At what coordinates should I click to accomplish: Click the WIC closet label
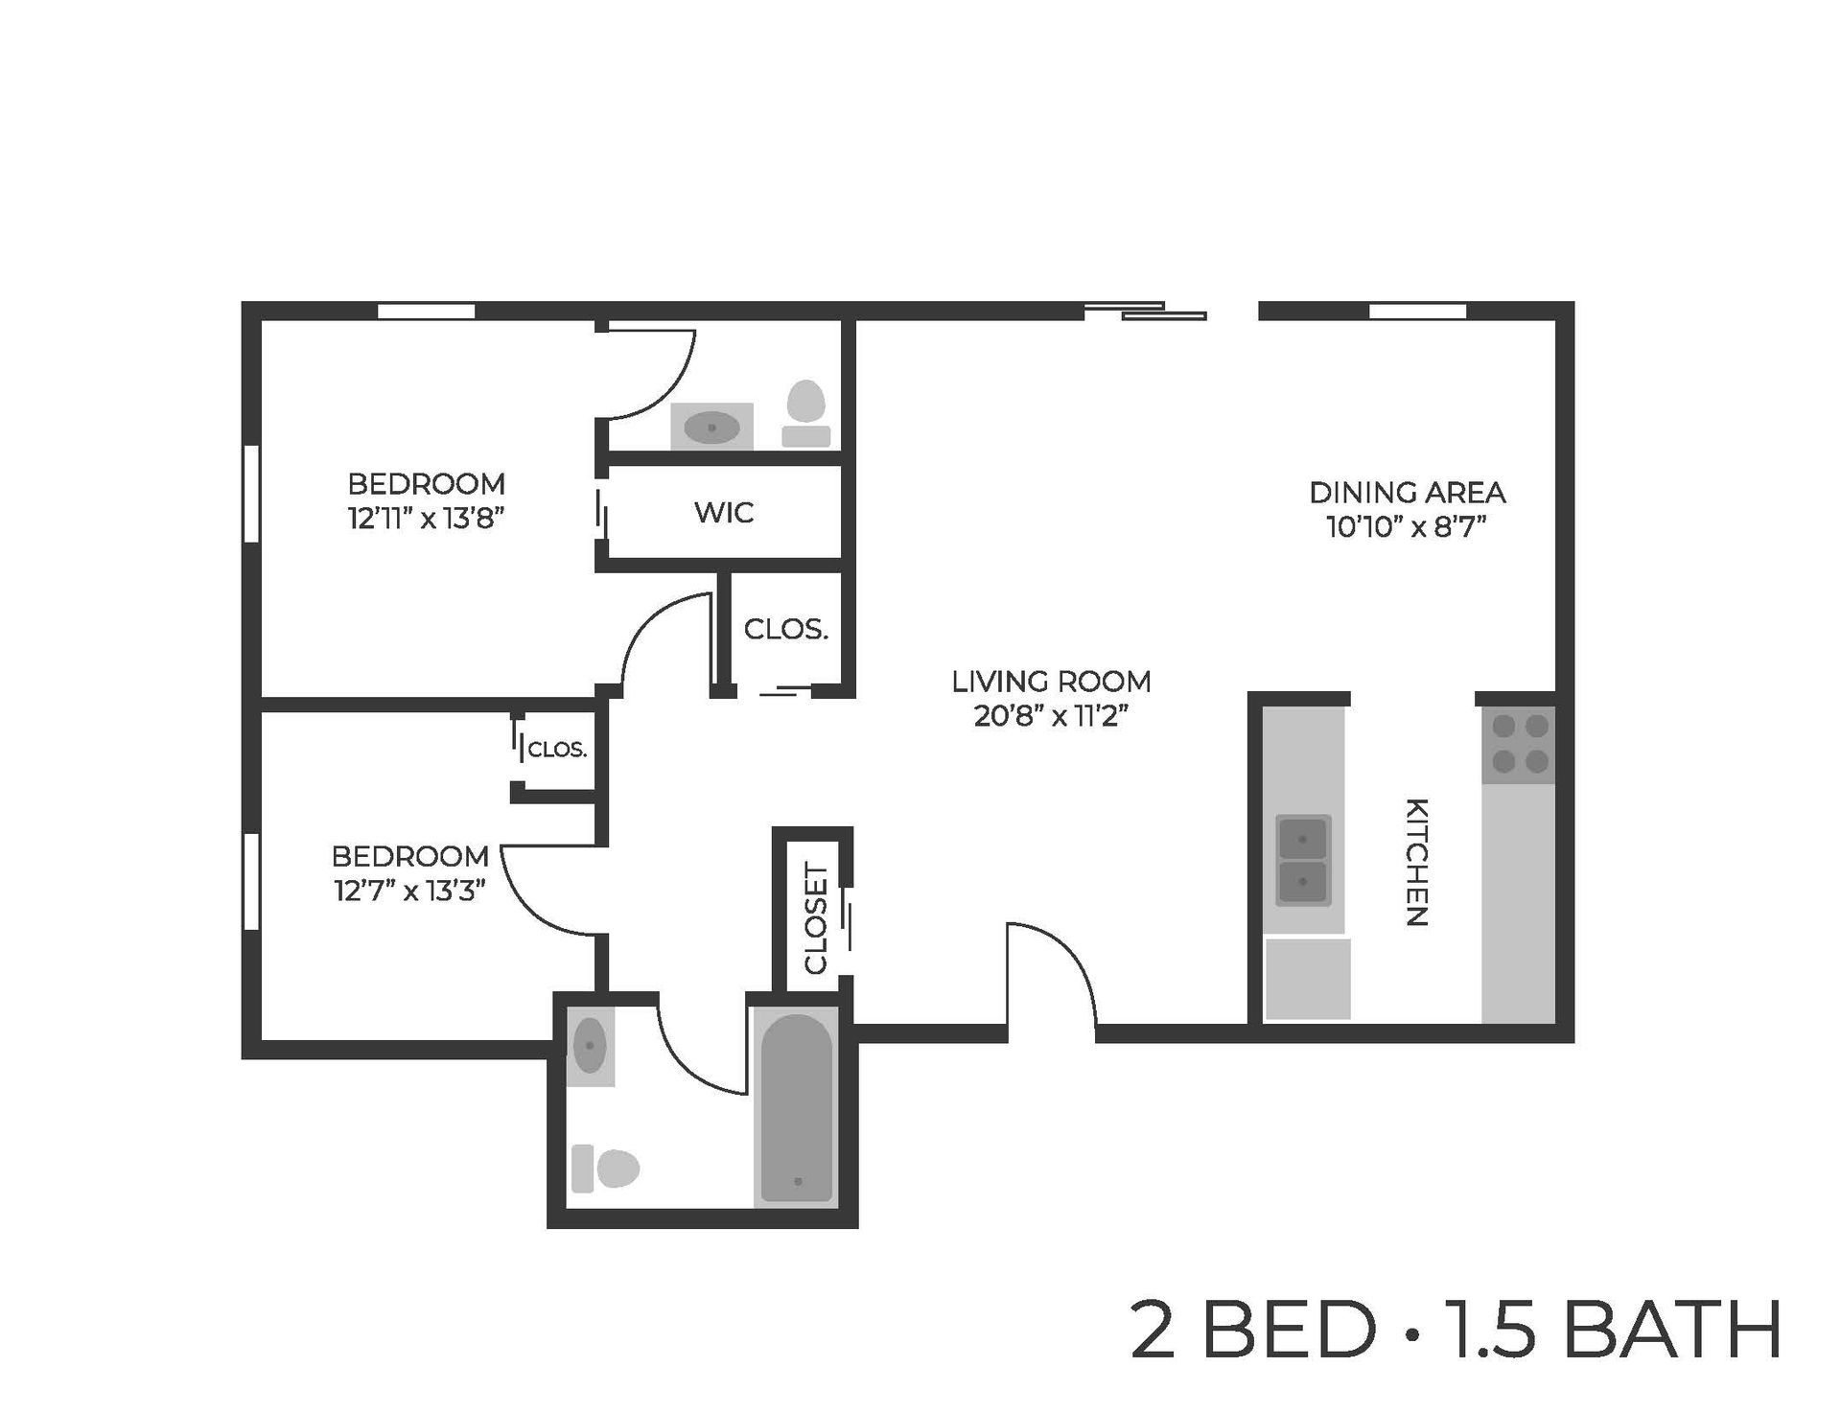tap(724, 513)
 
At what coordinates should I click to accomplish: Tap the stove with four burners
tap(1519, 745)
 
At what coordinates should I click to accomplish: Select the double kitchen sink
tap(1303, 860)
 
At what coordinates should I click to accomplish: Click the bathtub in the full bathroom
tap(797, 1107)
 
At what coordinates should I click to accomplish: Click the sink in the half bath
tap(711, 428)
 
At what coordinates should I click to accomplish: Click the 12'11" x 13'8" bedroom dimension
tap(426, 519)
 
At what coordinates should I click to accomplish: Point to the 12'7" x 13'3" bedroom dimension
tap(410, 891)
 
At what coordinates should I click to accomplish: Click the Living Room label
tap(1051, 682)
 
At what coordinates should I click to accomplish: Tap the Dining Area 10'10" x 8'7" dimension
tap(1406, 527)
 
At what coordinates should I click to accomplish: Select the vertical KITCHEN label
tap(1417, 861)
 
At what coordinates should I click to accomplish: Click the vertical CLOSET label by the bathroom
tap(816, 918)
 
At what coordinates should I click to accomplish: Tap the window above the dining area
tap(1417, 311)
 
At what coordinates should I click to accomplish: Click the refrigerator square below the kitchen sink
tap(1308, 979)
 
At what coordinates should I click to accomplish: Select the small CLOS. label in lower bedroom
tap(557, 750)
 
